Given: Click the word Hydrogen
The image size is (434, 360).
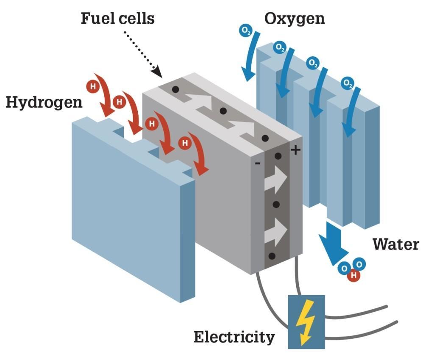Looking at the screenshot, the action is (44, 103).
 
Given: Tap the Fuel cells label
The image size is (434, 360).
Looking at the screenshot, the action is (118, 19).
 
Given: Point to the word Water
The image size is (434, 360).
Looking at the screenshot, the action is (396, 244).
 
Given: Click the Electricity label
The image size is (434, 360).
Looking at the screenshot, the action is (234, 337).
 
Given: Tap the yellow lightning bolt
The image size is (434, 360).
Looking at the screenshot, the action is (305, 322).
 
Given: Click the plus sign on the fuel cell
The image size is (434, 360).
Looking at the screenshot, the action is (295, 150).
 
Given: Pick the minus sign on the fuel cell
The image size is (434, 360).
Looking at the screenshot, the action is (257, 163).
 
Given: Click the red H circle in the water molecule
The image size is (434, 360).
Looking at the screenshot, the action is (353, 275).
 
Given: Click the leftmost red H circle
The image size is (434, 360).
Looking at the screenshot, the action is (93, 86).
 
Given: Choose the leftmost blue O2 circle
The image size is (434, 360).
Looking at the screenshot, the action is (246, 30).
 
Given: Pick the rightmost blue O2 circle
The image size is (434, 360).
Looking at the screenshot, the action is (348, 83).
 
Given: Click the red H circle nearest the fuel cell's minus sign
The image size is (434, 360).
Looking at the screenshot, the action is (185, 143).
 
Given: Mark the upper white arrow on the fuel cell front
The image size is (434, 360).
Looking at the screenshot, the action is (275, 179).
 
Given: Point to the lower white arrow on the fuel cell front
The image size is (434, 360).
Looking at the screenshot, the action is (275, 232).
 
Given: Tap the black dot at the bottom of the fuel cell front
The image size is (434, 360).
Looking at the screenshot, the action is (272, 256).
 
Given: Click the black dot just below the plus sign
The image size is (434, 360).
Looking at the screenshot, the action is (278, 156).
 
